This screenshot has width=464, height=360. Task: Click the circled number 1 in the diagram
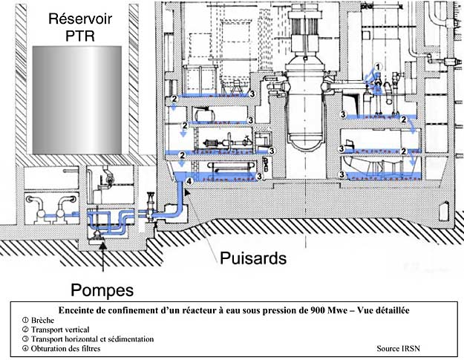[377, 67]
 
